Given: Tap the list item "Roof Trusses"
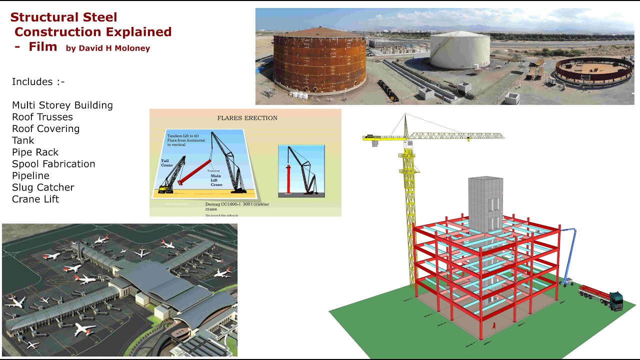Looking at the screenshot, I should pos(42,117).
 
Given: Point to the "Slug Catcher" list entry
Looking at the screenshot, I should pos(43,187).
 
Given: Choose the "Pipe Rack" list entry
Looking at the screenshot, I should pos(35,152).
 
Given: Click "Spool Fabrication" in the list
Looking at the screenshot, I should pos(53,164).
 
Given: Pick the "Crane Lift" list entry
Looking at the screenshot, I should pos(35,199).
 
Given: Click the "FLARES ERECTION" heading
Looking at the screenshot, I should pos(247,118).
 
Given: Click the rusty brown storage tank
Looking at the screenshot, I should pos(319,61).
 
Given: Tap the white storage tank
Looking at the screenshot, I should pos(460,51).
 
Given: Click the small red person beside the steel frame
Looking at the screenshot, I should pos(494,324).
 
